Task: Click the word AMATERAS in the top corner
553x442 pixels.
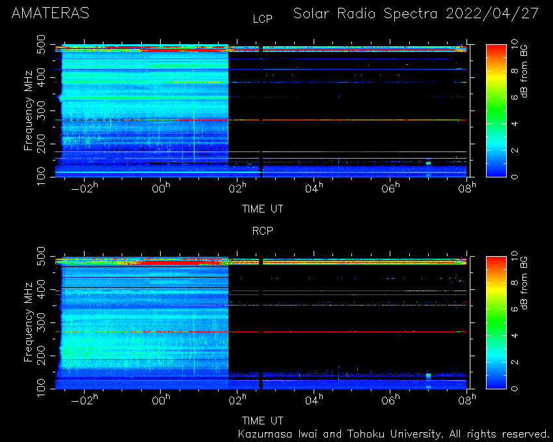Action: click(x=50, y=14)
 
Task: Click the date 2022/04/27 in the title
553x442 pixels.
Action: click(x=492, y=14)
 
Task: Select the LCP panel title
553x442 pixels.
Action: click(x=263, y=19)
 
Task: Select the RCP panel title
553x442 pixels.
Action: click(x=263, y=231)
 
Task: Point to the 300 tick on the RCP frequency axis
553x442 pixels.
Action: click(x=41, y=322)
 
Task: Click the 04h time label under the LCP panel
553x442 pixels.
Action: click(x=314, y=188)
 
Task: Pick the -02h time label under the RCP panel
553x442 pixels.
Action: click(x=85, y=400)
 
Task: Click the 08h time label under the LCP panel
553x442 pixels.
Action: click(x=467, y=188)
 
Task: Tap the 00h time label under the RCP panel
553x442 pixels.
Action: click(x=161, y=400)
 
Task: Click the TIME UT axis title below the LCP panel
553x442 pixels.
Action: click(x=262, y=209)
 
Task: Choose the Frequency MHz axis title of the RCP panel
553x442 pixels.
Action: click(x=28, y=322)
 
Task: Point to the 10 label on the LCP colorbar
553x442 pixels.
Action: click(x=515, y=44)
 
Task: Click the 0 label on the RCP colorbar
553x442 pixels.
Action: click(x=515, y=389)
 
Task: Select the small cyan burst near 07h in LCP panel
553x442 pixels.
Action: click(x=428, y=163)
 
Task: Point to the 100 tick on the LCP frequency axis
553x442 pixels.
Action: click(x=41, y=176)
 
